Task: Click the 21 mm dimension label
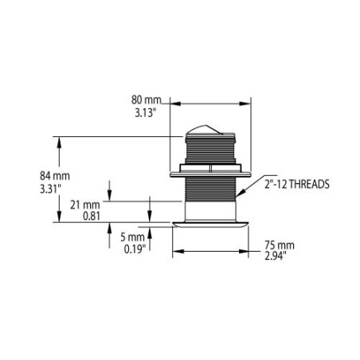(85, 204)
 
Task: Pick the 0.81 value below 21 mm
(88, 215)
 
